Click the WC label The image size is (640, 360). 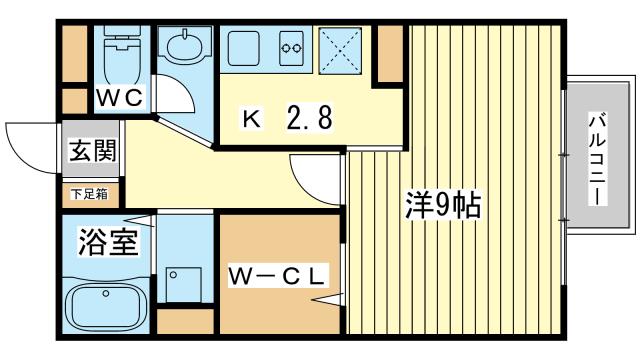click(x=119, y=98)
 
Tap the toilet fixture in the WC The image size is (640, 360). click(x=122, y=55)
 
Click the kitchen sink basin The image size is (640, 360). click(x=243, y=48)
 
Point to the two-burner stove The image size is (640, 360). click(x=292, y=49)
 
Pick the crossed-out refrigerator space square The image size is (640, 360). click(x=340, y=51)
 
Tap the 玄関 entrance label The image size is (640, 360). click(x=93, y=151)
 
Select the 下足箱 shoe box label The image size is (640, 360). click(x=89, y=194)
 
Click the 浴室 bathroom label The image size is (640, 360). click(x=109, y=242)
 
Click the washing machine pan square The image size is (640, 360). click(x=184, y=284)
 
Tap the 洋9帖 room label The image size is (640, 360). click(x=443, y=204)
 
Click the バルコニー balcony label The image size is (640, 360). click(x=597, y=160)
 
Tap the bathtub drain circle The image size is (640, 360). click(x=106, y=293)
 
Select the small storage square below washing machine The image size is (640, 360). click(x=185, y=321)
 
